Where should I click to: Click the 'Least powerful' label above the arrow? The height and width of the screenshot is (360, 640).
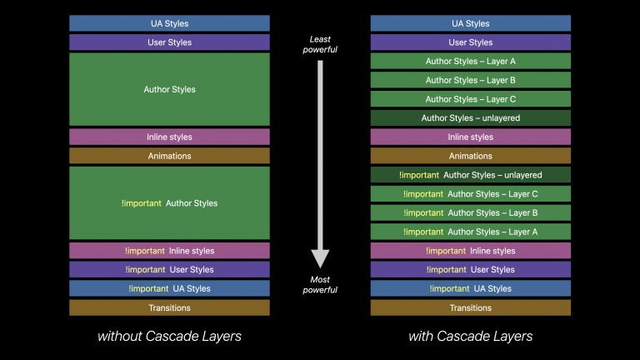coord(320,44)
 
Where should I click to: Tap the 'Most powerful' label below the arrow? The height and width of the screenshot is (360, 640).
coord(320,285)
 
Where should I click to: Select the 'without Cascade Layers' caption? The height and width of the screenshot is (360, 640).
coord(169,337)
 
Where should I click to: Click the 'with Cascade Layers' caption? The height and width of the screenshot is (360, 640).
coord(470,337)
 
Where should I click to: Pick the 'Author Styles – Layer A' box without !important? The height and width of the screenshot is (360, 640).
coord(470,61)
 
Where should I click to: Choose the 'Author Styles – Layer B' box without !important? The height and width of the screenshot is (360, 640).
coord(470,80)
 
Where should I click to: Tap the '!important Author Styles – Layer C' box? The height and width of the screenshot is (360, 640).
coord(470,194)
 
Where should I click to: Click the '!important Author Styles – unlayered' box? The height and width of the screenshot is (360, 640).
coord(470,175)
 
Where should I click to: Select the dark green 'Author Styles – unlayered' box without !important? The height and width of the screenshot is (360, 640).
coord(470,118)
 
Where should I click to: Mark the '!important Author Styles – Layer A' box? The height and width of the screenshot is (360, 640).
coord(470,232)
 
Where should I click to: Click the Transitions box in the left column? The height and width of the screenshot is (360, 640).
coord(169,307)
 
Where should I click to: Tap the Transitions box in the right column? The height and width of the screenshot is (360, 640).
coord(470,307)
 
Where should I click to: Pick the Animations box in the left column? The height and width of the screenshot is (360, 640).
coord(169,156)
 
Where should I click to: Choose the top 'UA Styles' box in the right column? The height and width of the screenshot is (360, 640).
coord(470,23)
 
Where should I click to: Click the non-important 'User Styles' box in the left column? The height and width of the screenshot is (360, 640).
coord(169,42)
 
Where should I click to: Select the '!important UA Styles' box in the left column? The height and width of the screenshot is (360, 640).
coord(169,288)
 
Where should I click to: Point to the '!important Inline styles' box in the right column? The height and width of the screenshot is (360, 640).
coord(470,251)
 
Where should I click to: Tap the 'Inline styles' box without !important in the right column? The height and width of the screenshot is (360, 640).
coord(470,137)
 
